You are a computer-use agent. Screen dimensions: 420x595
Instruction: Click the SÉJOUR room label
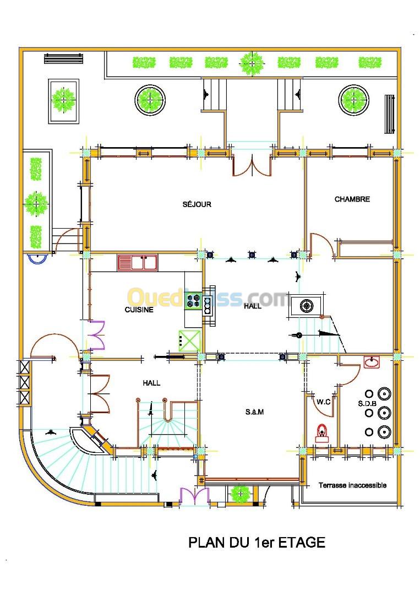coord(197,204)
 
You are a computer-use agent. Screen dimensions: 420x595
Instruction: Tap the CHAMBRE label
coord(352,199)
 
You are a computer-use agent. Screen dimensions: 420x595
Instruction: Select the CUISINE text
coord(139,310)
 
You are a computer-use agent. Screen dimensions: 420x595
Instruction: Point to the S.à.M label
coord(254,412)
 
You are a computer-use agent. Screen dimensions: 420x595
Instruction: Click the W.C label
coord(323,402)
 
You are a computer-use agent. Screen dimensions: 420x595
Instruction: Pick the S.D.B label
coord(367,403)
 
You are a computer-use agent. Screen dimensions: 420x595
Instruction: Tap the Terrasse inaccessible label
coord(352,485)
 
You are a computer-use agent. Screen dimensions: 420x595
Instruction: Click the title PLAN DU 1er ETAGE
coord(257,542)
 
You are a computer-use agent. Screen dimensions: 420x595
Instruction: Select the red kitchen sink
coord(137,263)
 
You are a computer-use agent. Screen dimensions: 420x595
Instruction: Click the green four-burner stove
coord(194,301)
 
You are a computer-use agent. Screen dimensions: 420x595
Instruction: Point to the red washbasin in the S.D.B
coord(372,362)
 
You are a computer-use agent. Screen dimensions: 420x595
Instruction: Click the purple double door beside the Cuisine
coord(97,335)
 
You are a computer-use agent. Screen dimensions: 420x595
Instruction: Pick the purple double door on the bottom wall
coord(194,496)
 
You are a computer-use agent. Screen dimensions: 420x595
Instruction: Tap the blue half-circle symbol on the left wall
coord(37,258)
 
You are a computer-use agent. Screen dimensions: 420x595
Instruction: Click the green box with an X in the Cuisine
coord(189,340)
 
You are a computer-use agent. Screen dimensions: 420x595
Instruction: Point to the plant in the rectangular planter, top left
coord(64,100)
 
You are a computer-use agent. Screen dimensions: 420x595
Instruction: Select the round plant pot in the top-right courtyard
coord(353,100)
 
